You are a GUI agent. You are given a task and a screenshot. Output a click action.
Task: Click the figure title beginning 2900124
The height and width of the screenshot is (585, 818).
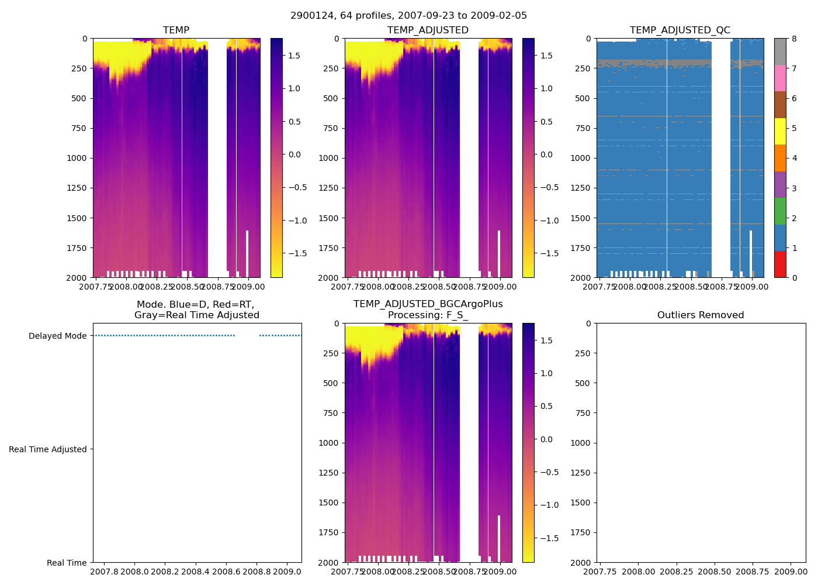coord(408,16)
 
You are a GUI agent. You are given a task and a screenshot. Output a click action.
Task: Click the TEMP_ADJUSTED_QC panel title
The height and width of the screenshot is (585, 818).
coord(680,30)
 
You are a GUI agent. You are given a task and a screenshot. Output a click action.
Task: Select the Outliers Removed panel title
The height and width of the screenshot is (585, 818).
coord(700,315)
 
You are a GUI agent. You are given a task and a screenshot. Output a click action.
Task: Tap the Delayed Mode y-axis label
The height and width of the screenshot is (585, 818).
coord(57,336)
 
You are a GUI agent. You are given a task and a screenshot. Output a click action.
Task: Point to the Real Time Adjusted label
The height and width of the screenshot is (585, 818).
coord(48,449)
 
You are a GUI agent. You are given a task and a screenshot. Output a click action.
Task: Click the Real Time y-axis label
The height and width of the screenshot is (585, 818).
coord(67,563)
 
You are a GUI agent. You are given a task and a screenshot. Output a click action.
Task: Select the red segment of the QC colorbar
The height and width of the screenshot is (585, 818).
coord(780,264)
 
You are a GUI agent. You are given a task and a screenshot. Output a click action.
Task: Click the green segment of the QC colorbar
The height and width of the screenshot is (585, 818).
coord(780,211)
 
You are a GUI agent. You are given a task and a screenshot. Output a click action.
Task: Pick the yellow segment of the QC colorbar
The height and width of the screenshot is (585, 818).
coord(780,131)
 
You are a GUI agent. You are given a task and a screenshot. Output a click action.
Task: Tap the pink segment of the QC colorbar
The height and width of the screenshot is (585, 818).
coord(780,78)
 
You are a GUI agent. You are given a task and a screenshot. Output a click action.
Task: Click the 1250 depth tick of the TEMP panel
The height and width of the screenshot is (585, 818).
coord(78,188)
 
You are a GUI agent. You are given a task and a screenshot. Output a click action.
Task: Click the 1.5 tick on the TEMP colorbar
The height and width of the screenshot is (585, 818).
coord(294,56)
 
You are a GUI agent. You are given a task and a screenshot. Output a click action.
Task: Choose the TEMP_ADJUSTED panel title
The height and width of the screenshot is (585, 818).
coord(428,30)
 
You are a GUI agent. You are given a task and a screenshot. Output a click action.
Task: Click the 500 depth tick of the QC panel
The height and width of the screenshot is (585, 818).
coord(583,98)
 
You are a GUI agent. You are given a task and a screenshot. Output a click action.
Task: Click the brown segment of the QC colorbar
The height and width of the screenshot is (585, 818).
coord(780,105)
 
